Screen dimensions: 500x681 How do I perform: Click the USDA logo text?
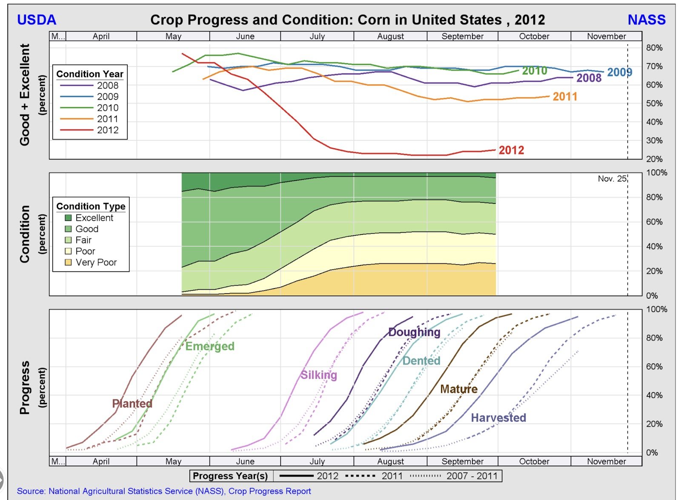click(37, 20)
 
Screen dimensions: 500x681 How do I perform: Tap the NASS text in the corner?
click(647, 20)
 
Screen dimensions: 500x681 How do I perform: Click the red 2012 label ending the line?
click(511, 150)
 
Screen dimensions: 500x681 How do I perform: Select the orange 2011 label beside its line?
click(565, 97)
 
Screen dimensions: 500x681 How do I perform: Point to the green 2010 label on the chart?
click(535, 71)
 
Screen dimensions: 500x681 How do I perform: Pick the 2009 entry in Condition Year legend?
click(107, 97)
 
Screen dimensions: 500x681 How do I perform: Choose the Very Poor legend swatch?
click(68, 263)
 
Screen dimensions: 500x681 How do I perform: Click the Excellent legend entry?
click(94, 218)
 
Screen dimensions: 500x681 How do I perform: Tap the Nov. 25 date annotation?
click(612, 179)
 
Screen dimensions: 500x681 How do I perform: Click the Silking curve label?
click(318, 375)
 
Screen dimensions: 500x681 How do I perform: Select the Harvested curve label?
click(498, 417)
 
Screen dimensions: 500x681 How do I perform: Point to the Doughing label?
click(414, 332)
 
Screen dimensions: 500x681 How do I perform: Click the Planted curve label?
click(132, 403)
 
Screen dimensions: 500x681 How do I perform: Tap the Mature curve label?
click(458, 389)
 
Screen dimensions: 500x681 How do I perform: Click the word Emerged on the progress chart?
click(210, 346)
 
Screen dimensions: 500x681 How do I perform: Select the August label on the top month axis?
click(390, 37)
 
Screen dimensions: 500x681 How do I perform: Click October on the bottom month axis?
click(534, 461)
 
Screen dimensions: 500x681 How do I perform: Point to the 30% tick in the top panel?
click(654, 140)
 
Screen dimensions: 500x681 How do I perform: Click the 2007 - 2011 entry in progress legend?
click(472, 476)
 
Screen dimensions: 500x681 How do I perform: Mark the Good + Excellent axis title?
click(25, 94)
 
